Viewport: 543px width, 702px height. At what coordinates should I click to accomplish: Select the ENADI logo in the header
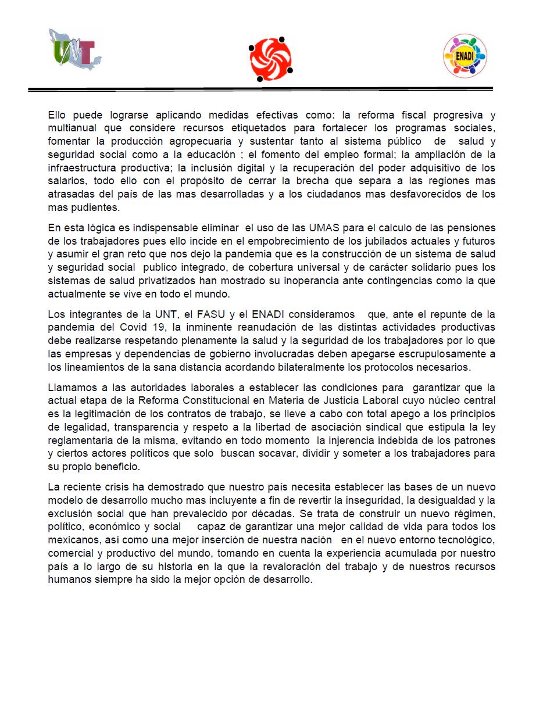point(465,56)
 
